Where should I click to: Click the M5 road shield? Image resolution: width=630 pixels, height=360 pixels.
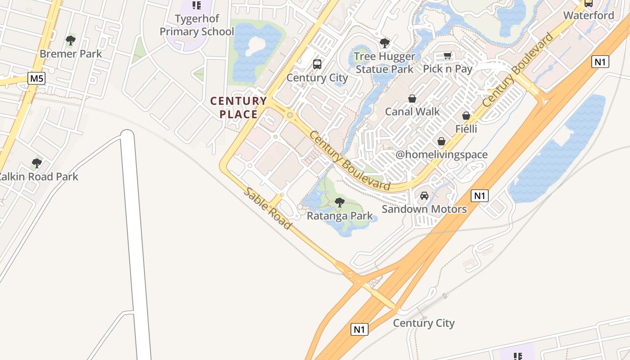36,79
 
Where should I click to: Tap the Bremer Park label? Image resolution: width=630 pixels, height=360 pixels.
71,54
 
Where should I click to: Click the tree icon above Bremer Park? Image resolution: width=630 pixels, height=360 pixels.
71,40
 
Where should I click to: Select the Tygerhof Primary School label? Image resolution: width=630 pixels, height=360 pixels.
197,25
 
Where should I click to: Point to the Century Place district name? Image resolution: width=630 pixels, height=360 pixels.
238,108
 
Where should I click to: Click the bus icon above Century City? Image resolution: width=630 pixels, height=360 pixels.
317,64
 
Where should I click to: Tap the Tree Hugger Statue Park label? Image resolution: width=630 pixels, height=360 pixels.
384,63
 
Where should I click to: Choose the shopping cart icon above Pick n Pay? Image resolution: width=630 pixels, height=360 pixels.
447,55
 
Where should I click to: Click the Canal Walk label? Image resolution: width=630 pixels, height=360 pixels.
412,112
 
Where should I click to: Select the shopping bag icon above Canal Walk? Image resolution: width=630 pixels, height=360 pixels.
412,98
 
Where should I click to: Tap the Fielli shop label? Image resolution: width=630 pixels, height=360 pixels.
466,129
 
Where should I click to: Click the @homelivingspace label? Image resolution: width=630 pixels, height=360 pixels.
441,155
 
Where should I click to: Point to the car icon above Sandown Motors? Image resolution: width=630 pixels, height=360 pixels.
424,196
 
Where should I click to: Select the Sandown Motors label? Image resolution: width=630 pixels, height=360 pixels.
424,209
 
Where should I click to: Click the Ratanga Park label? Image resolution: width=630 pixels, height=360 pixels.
340,216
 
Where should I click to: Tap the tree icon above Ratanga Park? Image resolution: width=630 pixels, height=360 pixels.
340,202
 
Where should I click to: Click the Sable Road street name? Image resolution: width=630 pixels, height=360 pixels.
268,208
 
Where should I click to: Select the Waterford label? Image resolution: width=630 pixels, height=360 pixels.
589,15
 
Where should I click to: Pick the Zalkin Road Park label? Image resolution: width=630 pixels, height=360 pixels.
38,177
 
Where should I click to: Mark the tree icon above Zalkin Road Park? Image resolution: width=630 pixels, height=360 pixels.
37,163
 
